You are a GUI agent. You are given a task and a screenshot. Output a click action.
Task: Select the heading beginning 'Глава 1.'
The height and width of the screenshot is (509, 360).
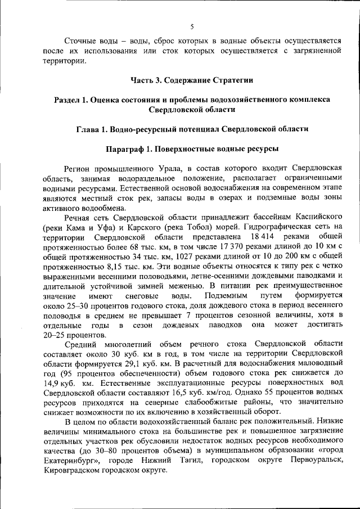point(192,129)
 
